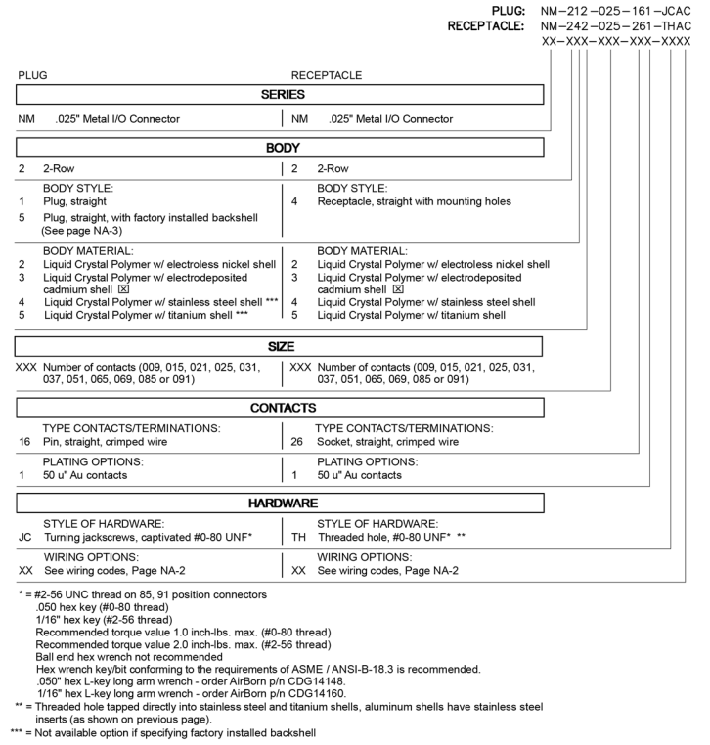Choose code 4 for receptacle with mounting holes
tap(295, 201)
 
